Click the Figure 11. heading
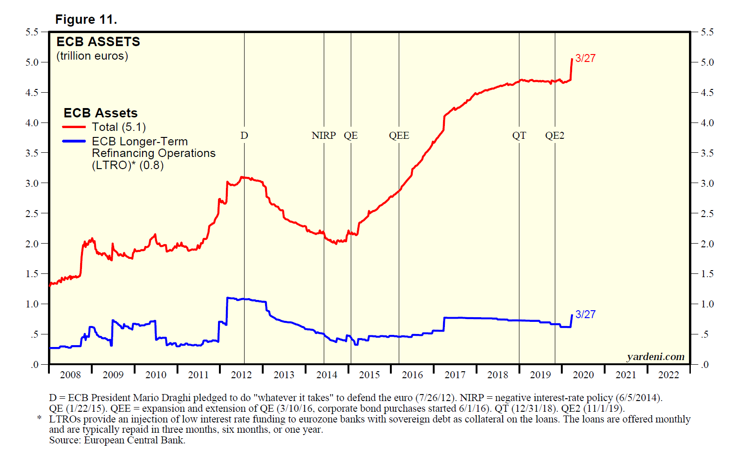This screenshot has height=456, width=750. tap(86, 20)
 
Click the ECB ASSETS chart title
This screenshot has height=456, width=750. tap(98, 42)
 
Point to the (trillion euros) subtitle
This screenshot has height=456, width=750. tap(92, 56)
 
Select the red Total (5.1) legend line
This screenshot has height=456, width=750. tap(74, 127)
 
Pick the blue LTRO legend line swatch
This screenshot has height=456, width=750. tap(74, 141)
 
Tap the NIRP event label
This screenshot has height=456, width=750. tap(323, 136)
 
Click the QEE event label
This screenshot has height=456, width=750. tap(399, 136)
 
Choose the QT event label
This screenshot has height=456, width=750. tap(519, 136)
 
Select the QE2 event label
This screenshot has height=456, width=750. tap(554, 136)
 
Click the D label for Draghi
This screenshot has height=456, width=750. tap(244, 136)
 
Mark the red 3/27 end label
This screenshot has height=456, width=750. tap(585, 58)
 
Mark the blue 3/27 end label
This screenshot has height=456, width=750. tap(585, 314)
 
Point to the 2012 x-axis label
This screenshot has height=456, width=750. tap(241, 375)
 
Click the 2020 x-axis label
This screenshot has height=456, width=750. tap(583, 375)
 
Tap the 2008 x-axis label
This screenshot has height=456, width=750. tap(70, 375)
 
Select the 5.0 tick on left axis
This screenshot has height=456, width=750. tap(32, 62)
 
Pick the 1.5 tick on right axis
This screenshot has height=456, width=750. tap(707, 274)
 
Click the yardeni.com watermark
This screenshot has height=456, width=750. tap(655, 357)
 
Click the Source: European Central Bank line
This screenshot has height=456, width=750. tap(117, 440)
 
